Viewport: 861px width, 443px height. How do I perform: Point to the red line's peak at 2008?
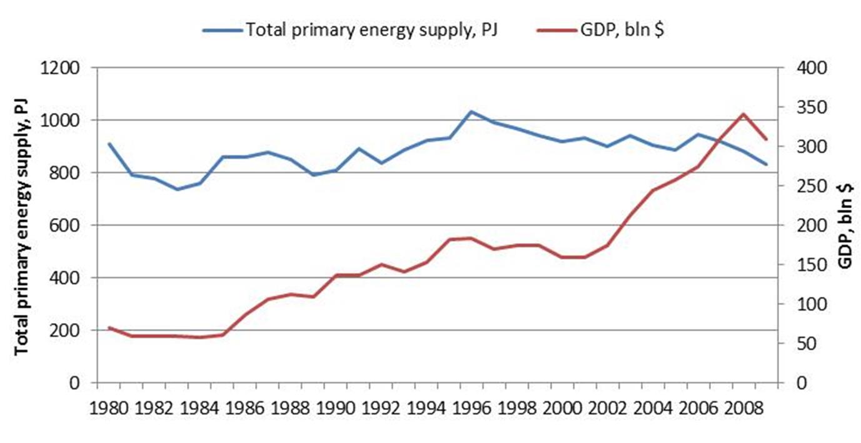pyautogui.click(x=743, y=114)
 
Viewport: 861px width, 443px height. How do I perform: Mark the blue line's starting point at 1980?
pyautogui.click(x=109, y=144)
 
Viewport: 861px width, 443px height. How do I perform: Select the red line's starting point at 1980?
pyautogui.click(x=109, y=327)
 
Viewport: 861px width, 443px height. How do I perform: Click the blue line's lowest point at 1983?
pyautogui.click(x=178, y=189)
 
